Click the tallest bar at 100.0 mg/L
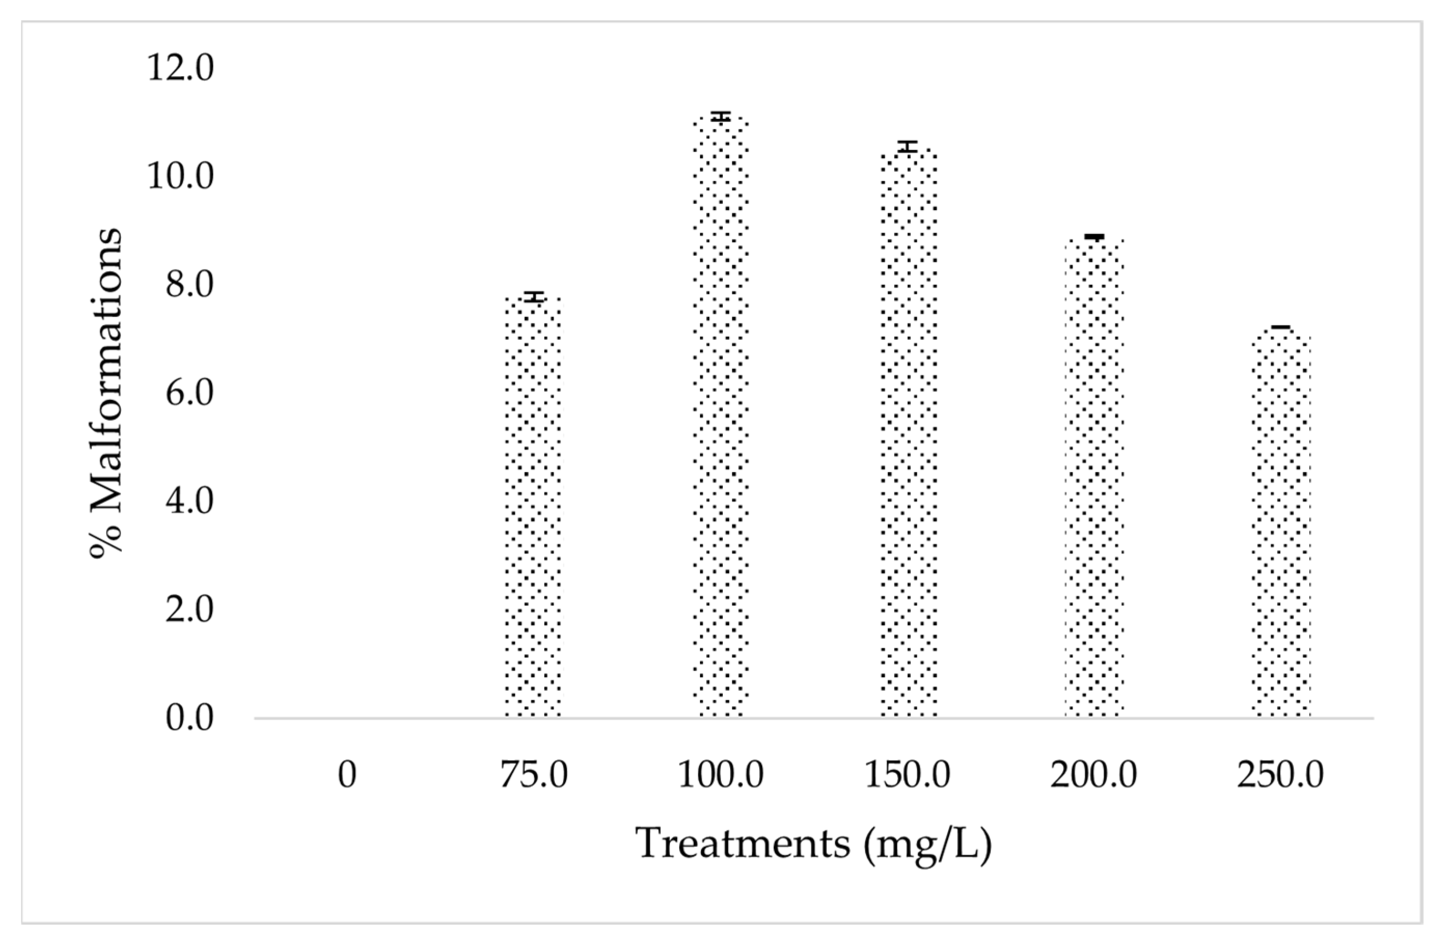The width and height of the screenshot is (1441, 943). (x=720, y=418)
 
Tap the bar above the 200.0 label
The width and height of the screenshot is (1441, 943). (x=1094, y=479)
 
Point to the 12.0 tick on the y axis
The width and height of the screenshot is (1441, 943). (x=181, y=69)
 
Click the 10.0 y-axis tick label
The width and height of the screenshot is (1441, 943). (x=181, y=177)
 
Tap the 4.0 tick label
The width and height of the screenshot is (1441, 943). (x=189, y=502)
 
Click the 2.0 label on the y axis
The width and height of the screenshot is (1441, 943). (x=189, y=610)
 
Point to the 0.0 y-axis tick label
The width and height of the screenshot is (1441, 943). (x=189, y=719)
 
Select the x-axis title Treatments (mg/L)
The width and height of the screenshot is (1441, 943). (x=814, y=844)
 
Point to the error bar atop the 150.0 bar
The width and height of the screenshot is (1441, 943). (x=908, y=146)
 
